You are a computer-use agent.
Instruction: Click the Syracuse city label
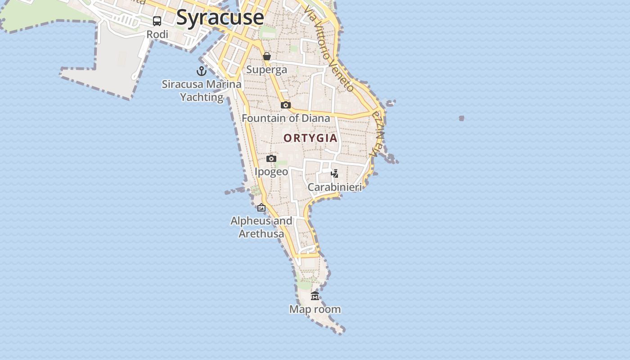[220, 17]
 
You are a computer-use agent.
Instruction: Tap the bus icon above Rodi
[157, 21]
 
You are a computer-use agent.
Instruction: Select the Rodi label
[157, 34]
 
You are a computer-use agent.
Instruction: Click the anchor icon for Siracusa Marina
[201, 71]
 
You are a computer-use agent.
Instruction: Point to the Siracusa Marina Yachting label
[202, 90]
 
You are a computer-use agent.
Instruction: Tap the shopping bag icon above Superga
[267, 56]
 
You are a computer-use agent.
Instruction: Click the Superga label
[266, 70]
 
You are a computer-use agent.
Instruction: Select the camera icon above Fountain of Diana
[285, 105]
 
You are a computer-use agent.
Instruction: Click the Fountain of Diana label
[286, 118]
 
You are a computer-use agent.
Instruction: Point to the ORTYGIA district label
[310, 138]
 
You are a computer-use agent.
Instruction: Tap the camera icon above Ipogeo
[271, 158]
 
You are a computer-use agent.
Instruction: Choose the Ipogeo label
[271, 172]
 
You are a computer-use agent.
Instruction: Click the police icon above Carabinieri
[334, 174]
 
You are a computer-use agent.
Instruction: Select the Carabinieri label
[334, 187]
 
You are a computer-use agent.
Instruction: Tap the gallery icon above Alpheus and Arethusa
[261, 207]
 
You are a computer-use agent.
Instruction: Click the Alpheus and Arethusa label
[261, 227]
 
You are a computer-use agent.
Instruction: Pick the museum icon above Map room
[315, 296]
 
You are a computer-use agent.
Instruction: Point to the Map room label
[315, 310]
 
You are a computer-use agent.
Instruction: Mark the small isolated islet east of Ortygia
[461, 118]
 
